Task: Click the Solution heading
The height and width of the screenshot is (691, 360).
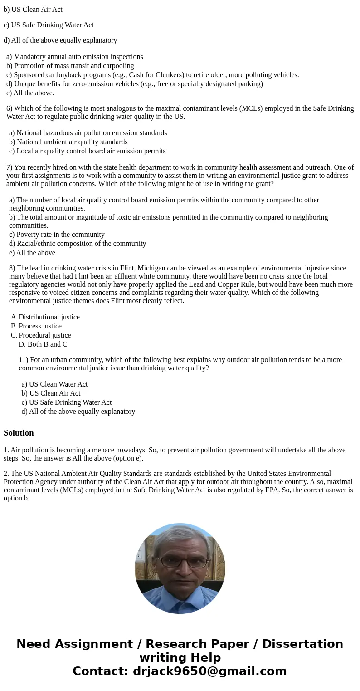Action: pos(19,433)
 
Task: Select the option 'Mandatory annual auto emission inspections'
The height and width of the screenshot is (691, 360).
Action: pos(75,57)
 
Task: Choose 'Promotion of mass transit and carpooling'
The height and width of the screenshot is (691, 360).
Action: pos(70,66)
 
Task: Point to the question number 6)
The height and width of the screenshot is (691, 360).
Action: pos(10,108)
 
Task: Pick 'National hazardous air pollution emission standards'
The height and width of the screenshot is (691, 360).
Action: pos(88,133)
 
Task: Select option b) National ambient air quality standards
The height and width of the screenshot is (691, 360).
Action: pos(68,142)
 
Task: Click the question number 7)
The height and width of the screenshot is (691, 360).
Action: pos(10,167)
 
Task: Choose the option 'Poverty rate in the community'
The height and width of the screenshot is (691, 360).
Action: pos(57,235)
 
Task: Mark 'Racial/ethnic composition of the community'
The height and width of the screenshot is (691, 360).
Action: pos(78,244)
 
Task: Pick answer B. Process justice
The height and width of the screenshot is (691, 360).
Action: pos(40,326)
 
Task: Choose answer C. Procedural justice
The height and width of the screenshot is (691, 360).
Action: pos(44,335)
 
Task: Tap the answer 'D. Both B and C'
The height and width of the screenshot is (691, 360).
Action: pos(43,344)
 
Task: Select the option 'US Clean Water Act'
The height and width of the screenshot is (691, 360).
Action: pos(55,384)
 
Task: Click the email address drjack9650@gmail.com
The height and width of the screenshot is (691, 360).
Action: pos(209,671)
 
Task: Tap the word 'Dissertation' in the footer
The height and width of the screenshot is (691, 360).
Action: pos(302,644)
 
